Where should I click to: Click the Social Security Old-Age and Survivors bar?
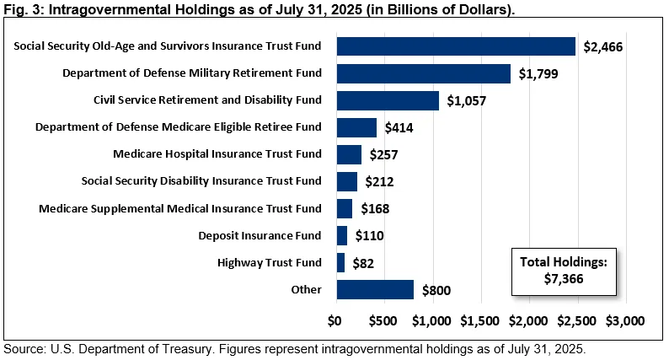pyautogui.click(x=455, y=46)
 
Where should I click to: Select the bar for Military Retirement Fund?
pyautogui.click(x=423, y=73)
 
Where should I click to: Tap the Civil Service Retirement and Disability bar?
pyautogui.click(x=388, y=100)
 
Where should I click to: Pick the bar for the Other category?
pyautogui.click(x=375, y=290)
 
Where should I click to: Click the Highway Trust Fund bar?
pyautogui.click(x=340, y=263)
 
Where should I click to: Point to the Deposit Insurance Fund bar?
pyautogui.click(x=341, y=236)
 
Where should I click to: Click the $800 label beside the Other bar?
pyautogui.click(x=434, y=291)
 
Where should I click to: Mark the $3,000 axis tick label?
pyautogui.click(x=624, y=321)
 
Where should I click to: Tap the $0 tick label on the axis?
pyautogui.click(x=335, y=321)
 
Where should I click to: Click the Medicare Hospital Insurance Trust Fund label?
pyautogui.click(x=217, y=154)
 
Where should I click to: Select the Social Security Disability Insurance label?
pyautogui.click(x=201, y=181)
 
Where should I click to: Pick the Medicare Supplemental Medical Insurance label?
pyautogui.click(x=180, y=208)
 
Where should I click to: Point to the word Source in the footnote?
pyautogui.click(x=24, y=348)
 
